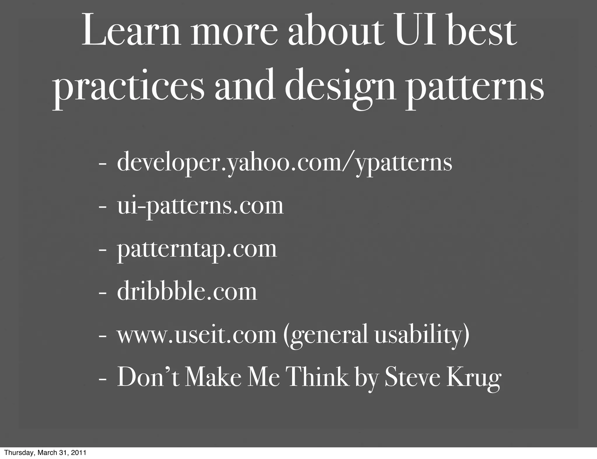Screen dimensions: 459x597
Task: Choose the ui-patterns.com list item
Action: (x=200, y=206)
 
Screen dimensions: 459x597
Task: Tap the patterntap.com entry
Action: (x=197, y=249)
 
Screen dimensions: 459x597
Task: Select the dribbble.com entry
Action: (x=187, y=292)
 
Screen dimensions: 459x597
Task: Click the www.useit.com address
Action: (x=196, y=335)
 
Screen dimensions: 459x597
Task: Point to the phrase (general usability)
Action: (x=376, y=335)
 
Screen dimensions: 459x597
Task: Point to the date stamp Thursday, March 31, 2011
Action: (x=45, y=453)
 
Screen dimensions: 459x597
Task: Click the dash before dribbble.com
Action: (x=102, y=293)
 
